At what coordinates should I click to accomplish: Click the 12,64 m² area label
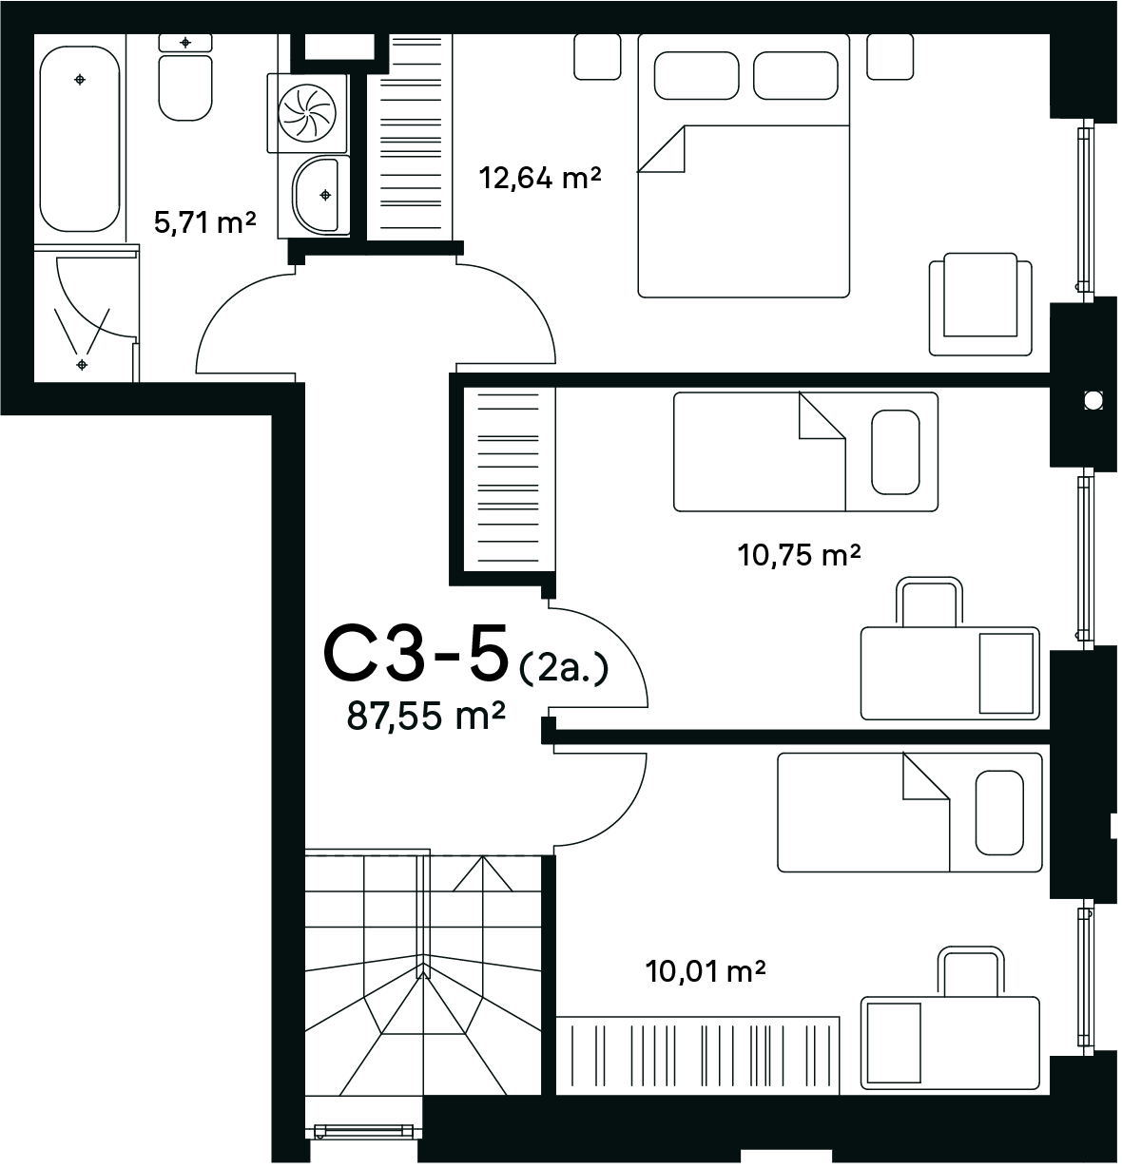pos(540,179)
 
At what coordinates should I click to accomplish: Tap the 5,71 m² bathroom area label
pos(204,223)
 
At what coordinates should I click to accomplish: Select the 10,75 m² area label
pos(799,555)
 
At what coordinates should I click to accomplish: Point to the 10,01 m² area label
pos(706,971)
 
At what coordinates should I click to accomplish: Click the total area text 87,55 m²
pos(426,716)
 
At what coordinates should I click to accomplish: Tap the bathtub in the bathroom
pos(79,139)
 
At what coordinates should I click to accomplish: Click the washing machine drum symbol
pos(307,113)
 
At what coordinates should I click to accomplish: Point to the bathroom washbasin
pos(320,196)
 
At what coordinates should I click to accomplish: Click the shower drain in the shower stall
pos(82,365)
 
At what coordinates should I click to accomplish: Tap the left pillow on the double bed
pos(696,76)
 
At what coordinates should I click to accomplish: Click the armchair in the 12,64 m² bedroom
pos(980,304)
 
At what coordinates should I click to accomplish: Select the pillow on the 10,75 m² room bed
pos(896,452)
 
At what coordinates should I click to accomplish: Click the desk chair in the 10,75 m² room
pos(929,602)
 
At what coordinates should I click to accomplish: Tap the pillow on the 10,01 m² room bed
pos(999,813)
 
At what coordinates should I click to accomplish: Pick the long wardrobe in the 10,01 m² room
pos(697,1056)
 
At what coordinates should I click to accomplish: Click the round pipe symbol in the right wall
pos(1093,400)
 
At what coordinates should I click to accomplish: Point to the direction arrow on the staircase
pos(482,873)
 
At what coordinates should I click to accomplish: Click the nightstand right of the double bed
pos(890,56)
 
